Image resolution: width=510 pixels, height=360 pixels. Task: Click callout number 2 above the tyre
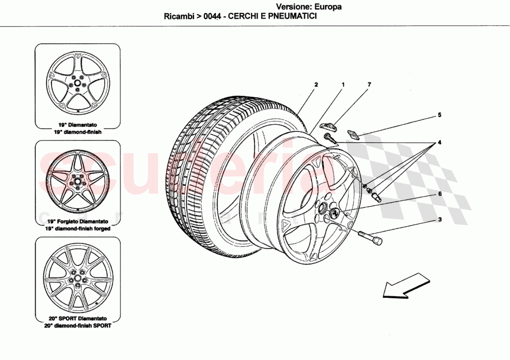pos(316,85)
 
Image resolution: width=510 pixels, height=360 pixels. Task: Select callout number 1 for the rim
pos(343,85)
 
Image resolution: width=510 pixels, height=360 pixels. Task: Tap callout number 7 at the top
pos(370,85)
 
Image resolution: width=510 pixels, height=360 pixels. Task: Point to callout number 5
pos(440,114)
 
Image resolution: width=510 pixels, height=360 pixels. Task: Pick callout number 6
pos(440,195)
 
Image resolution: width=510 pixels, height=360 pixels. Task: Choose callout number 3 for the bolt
pos(440,220)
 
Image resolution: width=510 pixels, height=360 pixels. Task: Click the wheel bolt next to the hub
pos(370,239)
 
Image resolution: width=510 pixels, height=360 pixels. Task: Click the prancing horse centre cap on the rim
pos(333,213)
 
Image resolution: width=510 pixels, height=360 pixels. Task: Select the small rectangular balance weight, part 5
pos(354,134)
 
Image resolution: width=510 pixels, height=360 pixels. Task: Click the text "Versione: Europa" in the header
pos(309,7)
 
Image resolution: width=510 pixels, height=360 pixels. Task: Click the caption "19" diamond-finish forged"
pos(77,228)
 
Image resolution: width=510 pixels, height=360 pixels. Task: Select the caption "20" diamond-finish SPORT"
pos(77,326)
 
